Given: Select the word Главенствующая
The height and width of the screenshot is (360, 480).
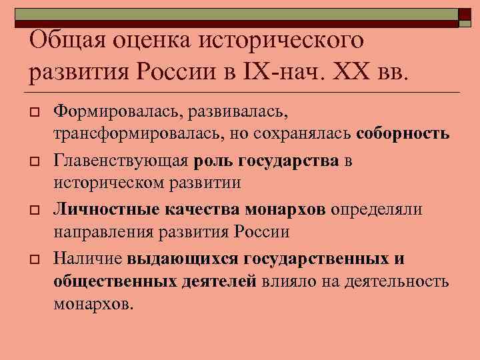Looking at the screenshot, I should coord(122,161).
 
